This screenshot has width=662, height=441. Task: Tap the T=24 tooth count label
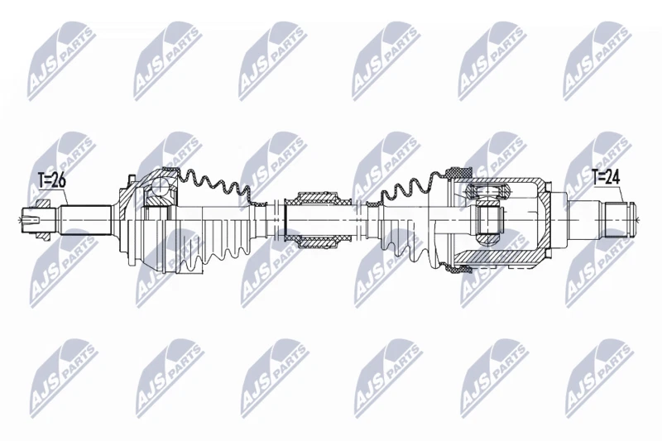[606, 176]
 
